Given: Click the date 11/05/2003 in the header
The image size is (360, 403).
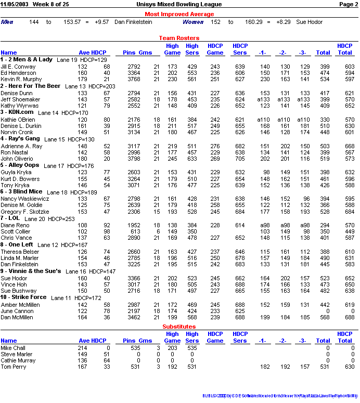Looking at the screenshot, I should pyautogui.click(x=15, y=4).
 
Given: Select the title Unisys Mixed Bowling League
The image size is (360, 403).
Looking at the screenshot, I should pyautogui.click(x=179, y=4).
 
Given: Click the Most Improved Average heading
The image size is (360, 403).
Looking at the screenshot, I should pyautogui.click(x=179, y=14).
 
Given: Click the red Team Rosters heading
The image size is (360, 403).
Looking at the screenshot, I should pyautogui.click(x=179, y=38).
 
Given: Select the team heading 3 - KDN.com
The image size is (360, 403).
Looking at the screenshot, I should pyautogui.click(x=17, y=112).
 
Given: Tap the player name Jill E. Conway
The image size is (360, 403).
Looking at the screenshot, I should pyautogui.click(x=18, y=67).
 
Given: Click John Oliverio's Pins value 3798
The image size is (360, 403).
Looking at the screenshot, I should pyautogui.click(x=134, y=159).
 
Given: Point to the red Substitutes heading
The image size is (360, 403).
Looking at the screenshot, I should pyautogui.click(x=179, y=327).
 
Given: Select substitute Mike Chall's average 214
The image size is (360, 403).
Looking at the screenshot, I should pyautogui.click(x=83, y=347).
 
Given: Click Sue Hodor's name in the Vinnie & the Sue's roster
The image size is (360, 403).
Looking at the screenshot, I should pyautogui.click(x=14, y=278).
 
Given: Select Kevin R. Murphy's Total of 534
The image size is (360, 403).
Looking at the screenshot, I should pyautogui.click(x=324, y=79).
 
